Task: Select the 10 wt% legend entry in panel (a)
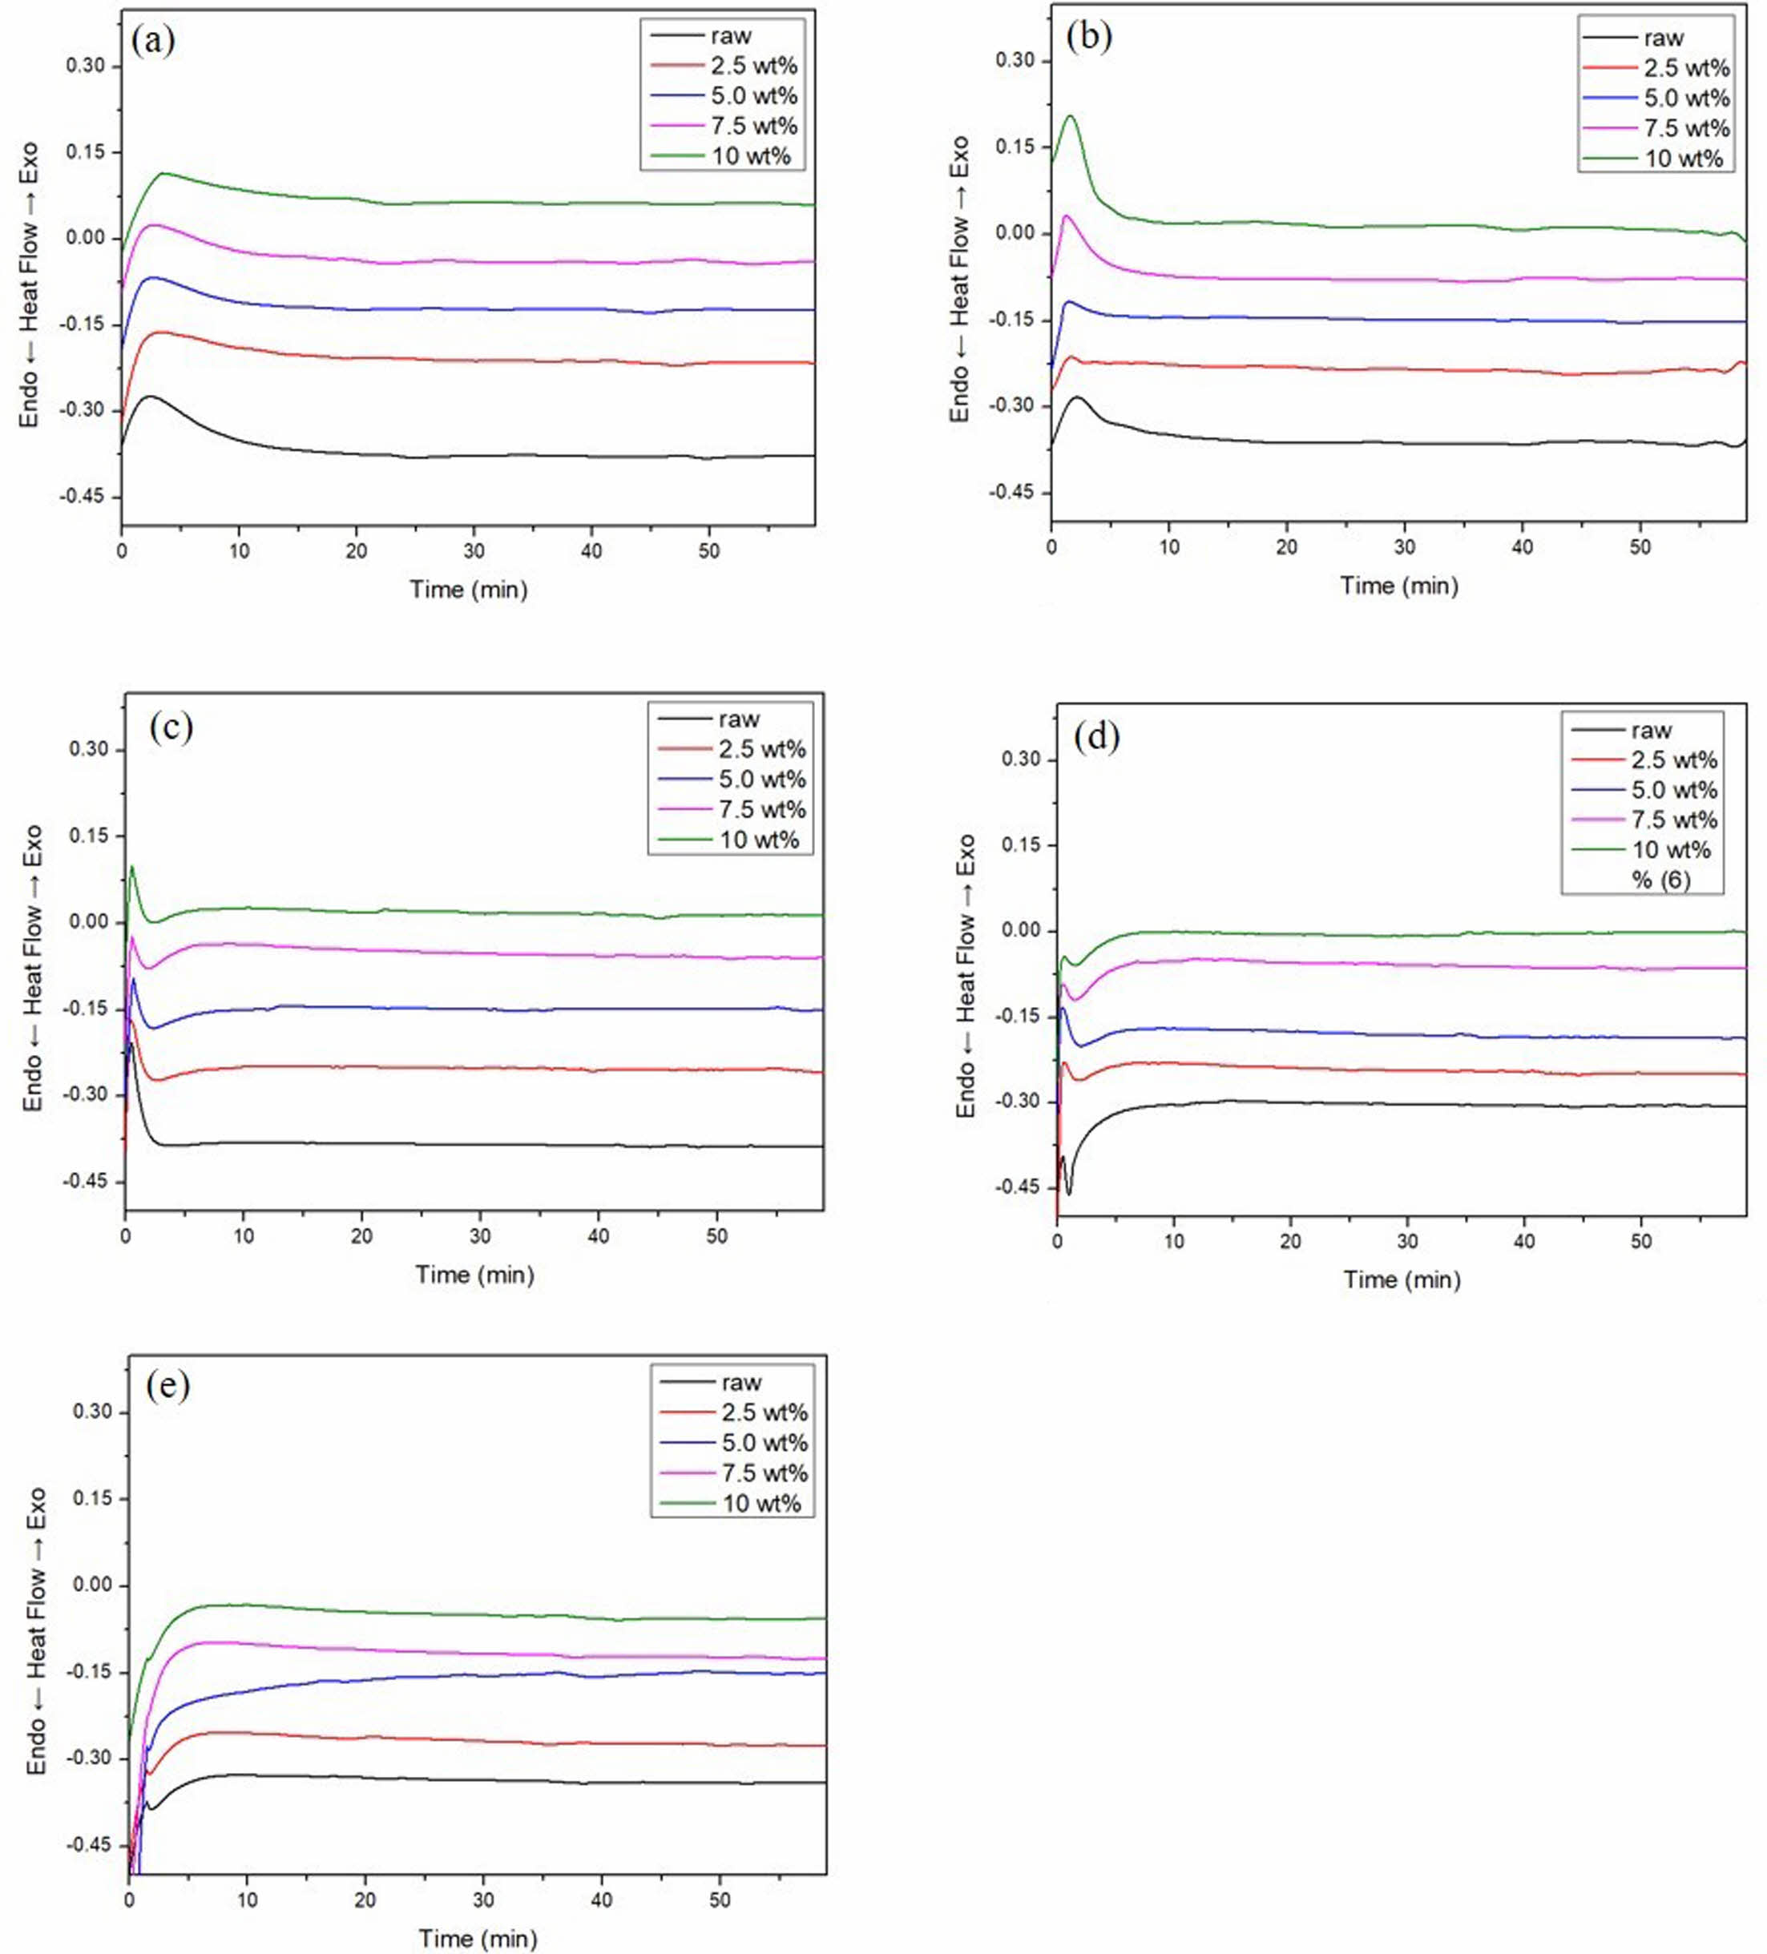click(x=751, y=155)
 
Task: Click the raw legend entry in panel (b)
click(x=1664, y=38)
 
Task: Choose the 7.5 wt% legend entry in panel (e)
click(x=764, y=1473)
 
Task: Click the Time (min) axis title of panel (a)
click(x=468, y=590)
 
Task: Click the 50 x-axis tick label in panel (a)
click(x=709, y=550)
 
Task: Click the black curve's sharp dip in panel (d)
click(x=1069, y=1193)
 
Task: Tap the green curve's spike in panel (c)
click(x=131, y=867)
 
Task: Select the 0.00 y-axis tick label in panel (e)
click(x=92, y=1585)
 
